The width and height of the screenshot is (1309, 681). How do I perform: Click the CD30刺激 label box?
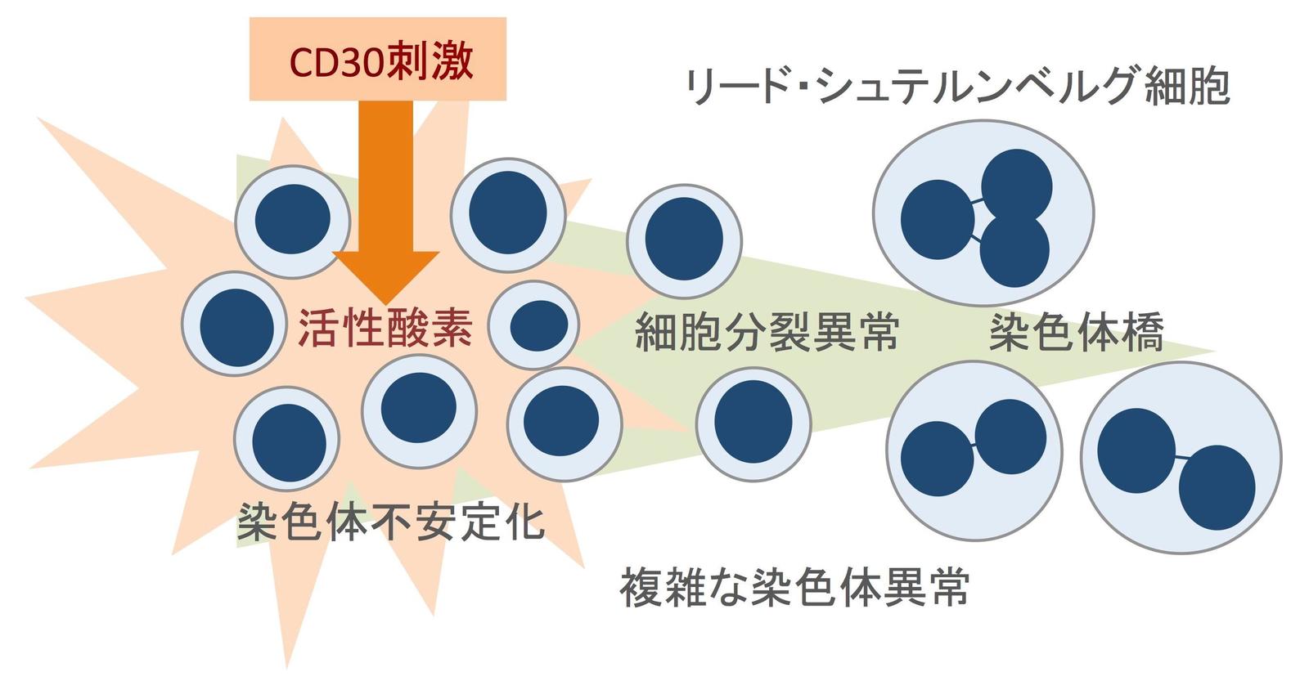pyautogui.click(x=377, y=59)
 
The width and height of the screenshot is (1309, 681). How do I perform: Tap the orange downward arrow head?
pyautogui.click(x=385, y=275)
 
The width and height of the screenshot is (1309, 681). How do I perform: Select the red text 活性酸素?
pyautogui.click(x=385, y=328)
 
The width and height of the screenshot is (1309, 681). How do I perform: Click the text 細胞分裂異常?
pyautogui.click(x=767, y=332)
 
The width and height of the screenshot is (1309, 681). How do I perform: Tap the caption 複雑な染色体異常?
pyautogui.click(x=795, y=586)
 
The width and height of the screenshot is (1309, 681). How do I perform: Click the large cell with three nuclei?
pyautogui.click(x=983, y=213)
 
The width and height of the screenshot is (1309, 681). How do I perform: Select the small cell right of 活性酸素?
pyautogui.click(x=533, y=325)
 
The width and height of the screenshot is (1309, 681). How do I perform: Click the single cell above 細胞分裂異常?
pyautogui.click(x=684, y=240)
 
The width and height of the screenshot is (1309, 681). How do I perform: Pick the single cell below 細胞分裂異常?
pyautogui.click(x=753, y=423)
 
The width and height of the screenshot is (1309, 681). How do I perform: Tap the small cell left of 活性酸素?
pyautogui.click(x=235, y=324)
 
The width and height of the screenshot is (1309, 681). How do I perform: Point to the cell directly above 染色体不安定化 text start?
pyautogui.click(x=287, y=439)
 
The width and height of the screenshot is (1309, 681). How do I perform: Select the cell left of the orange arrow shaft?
pyautogui.click(x=293, y=222)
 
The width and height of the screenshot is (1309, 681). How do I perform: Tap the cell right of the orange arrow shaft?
pyautogui.click(x=508, y=215)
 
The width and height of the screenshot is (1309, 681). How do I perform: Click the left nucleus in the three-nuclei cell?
pyautogui.click(x=938, y=220)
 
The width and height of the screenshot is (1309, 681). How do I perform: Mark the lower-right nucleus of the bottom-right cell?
pyautogui.click(x=1217, y=488)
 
